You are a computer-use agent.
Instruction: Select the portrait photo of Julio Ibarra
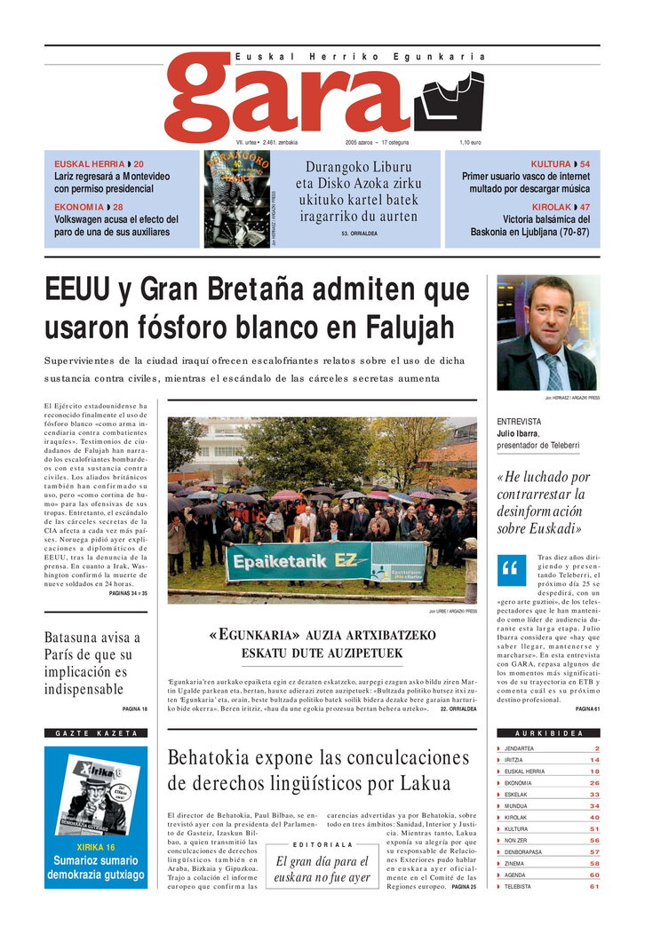[547, 333]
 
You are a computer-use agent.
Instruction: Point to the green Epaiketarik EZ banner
[328, 561]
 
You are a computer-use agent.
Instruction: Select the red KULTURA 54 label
[560, 164]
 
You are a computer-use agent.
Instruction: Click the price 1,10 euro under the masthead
[470, 142]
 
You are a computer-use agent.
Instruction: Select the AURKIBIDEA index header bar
[548, 733]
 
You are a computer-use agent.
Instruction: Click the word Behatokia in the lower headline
[216, 758]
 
